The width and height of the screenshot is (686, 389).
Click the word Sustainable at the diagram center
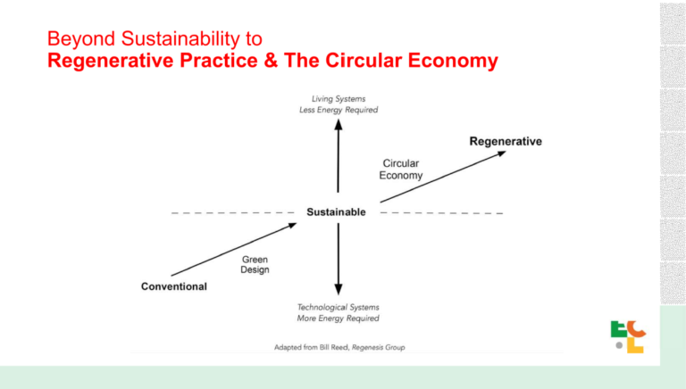click(336, 212)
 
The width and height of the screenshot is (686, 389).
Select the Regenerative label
click(506, 141)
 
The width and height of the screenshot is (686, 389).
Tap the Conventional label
click(173, 286)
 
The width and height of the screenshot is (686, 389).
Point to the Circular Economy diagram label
click(401, 170)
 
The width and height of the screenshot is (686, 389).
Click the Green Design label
click(255, 264)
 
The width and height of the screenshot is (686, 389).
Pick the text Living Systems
click(339, 99)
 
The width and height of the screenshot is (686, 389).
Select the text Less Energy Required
click(339, 110)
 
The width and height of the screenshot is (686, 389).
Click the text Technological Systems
click(339, 307)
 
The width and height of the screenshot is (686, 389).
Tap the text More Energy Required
click(339, 319)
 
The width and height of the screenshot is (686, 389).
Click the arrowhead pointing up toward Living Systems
click(339, 125)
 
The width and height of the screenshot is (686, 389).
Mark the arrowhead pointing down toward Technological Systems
click(339, 289)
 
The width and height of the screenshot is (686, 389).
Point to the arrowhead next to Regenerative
click(501, 153)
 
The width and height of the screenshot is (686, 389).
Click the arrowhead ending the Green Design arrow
click(291, 226)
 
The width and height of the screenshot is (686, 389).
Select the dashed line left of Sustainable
click(233, 213)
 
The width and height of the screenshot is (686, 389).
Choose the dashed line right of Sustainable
click(442, 213)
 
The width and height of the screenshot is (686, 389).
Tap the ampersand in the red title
click(271, 61)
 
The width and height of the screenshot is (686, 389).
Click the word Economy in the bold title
click(453, 62)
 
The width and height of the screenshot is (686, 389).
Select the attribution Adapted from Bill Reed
click(311, 347)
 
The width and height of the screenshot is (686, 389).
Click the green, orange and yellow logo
click(628, 337)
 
